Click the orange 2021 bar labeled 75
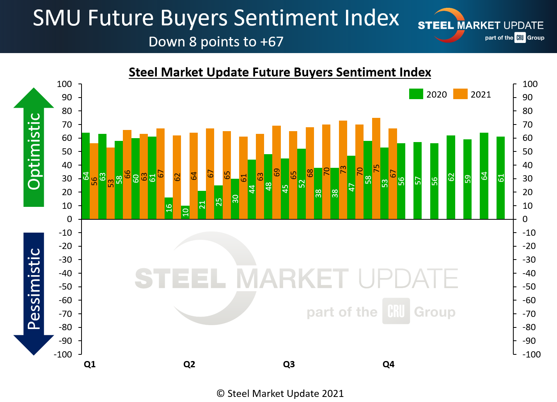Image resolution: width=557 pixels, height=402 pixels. click(x=376, y=168)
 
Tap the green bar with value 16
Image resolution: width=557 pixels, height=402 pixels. click(x=169, y=208)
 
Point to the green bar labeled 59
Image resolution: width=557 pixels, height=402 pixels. click(x=467, y=179)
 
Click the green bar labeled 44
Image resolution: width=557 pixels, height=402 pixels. click(x=252, y=189)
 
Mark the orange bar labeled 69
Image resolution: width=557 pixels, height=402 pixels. click(x=277, y=172)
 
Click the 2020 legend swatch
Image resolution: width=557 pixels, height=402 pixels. click(x=416, y=94)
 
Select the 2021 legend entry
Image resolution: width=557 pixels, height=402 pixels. click(x=472, y=94)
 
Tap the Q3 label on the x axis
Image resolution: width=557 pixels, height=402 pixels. click(x=289, y=364)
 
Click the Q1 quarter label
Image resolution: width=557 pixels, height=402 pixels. click(x=90, y=364)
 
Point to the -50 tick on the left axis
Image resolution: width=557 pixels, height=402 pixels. click(x=66, y=286)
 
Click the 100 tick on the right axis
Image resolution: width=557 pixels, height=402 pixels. click(x=530, y=84)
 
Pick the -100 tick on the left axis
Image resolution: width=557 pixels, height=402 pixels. click(x=64, y=354)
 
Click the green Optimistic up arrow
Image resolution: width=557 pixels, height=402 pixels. click(x=34, y=148)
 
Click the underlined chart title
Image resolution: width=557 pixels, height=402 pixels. click(x=280, y=72)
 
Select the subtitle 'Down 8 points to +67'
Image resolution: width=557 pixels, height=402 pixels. click(x=216, y=42)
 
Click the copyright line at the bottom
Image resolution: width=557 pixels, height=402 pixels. click(x=280, y=393)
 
